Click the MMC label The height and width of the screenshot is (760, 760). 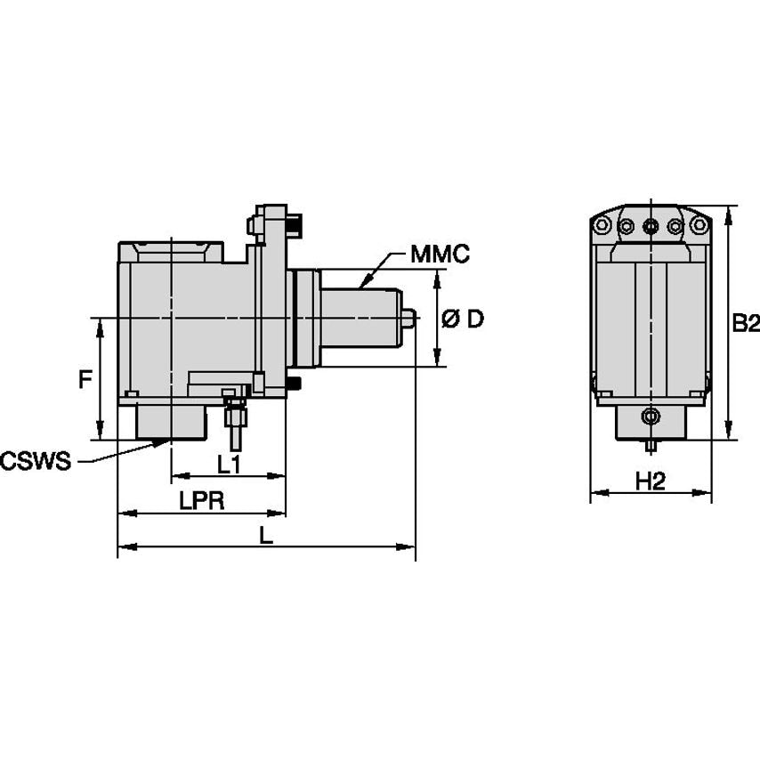point(440,255)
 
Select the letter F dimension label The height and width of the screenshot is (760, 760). point(85,380)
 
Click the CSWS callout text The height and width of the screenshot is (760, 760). point(35,461)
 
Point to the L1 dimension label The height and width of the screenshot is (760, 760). point(229,463)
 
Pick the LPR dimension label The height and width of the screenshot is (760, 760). point(201,500)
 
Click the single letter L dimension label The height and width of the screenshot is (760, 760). point(265,534)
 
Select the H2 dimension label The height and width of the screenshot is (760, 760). point(651,481)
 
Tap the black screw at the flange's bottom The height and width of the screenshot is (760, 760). point(294,384)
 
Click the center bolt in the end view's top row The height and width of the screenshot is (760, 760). point(651,226)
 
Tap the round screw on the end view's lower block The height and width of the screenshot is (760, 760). point(651,416)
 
